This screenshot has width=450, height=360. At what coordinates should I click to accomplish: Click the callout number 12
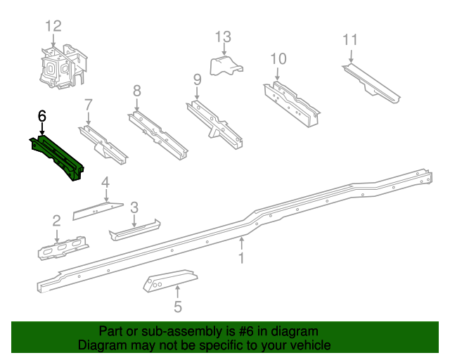53,26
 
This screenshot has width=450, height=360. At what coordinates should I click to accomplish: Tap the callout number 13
223,37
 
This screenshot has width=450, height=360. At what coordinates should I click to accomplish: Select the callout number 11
351,39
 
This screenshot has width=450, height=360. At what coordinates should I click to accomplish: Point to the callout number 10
278,58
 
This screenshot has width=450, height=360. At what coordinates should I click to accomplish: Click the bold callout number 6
42,115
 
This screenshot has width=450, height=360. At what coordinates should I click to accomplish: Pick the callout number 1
241,259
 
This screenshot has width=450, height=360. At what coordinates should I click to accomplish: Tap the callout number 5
178,307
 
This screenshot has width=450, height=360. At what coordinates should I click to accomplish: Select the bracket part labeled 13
227,67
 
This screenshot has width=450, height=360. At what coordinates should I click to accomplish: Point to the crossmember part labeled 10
290,103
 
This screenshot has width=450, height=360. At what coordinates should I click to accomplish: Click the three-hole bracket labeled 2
63,248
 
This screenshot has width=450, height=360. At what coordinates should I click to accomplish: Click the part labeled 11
371,82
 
